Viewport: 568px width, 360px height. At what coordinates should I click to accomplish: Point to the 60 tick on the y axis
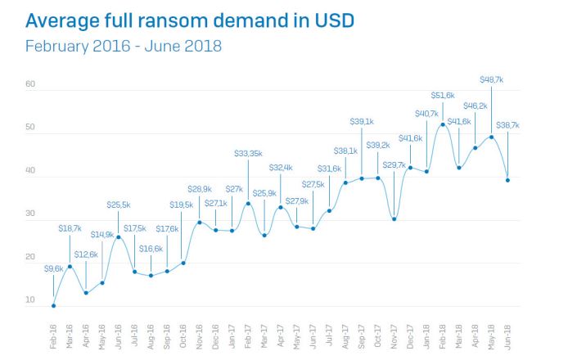(x=30, y=84)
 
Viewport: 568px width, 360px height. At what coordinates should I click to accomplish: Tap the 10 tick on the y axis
(x=30, y=300)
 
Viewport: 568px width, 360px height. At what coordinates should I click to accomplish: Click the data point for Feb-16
(x=53, y=306)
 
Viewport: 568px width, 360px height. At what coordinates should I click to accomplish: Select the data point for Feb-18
(x=443, y=124)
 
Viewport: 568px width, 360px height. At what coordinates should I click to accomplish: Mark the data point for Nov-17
(x=394, y=218)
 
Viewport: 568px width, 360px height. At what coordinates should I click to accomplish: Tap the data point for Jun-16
(x=118, y=237)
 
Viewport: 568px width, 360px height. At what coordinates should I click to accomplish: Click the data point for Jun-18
(x=507, y=180)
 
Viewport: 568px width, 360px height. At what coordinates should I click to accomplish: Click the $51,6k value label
(x=443, y=96)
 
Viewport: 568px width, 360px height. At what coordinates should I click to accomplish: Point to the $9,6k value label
(x=53, y=268)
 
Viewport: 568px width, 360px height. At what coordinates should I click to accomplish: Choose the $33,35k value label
(x=248, y=153)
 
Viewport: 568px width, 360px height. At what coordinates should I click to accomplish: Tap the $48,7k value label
(x=491, y=79)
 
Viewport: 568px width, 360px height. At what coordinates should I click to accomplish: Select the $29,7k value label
(x=394, y=164)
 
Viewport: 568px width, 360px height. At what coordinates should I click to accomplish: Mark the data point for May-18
(x=491, y=137)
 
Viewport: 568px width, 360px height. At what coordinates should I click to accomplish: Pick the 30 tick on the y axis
(x=30, y=214)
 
